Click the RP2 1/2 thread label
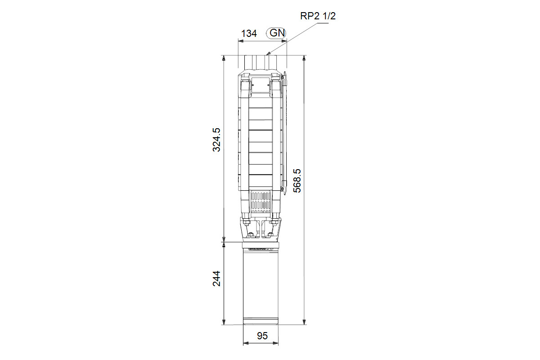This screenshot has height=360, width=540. pos(318,16)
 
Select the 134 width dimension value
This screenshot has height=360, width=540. pos(249,33)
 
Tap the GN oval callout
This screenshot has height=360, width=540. pos(276,33)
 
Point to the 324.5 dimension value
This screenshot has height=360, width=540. pos(216,140)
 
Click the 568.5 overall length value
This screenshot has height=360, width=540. pos(297,180)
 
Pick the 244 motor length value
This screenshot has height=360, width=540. pos(216,279)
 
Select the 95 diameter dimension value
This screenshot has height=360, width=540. pos(262,336)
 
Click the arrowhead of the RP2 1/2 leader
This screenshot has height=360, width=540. pos(268,54)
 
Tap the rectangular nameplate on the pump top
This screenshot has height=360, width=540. pos(261,85)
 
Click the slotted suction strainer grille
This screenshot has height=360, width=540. pos(261,202)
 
